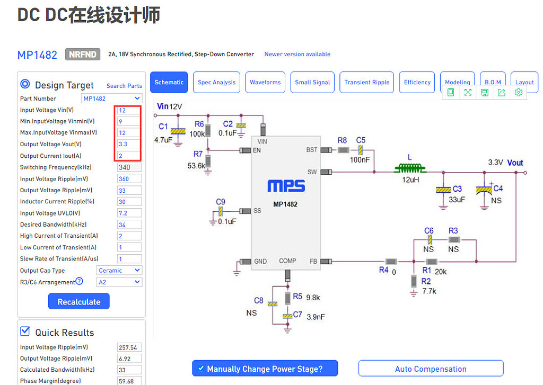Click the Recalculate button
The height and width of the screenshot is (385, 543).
tap(78, 302)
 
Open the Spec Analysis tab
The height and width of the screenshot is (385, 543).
tap(216, 83)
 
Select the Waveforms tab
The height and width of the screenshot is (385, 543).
tap(265, 83)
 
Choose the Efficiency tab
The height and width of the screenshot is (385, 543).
tap(417, 83)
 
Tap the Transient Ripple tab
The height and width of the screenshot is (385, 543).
tap(366, 83)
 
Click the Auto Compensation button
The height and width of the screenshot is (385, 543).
tap(431, 369)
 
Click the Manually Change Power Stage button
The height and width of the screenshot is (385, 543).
tap(265, 369)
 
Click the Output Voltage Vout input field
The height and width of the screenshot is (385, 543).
tap(129, 144)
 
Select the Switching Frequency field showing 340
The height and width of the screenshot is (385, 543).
tap(129, 167)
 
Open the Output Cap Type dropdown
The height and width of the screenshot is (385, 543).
tap(119, 271)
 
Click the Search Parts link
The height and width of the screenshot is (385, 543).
tap(124, 86)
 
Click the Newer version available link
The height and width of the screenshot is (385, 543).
tap(297, 54)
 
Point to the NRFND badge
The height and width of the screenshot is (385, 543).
tap(83, 54)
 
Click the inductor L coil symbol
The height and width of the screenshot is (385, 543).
tap(410, 169)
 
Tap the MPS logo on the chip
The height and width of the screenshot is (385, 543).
tap(286, 186)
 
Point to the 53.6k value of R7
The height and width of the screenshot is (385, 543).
tap(196, 166)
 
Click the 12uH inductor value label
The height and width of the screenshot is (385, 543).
tap(410, 180)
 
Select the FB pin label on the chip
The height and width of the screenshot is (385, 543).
tap(313, 261)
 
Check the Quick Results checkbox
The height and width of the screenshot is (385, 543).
tap(25, 332)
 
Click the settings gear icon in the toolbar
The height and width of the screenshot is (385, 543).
tap(519, 92)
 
